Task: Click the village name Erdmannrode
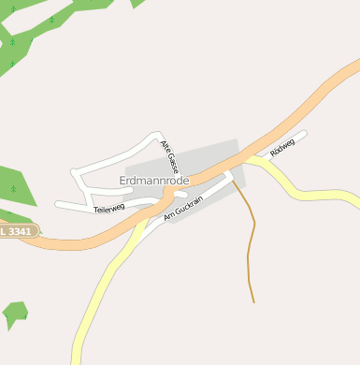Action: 155,179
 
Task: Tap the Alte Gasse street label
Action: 168,156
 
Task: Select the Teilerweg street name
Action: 110,209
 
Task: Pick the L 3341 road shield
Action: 18,230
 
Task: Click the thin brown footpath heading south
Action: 251,234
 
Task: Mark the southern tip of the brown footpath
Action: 253,302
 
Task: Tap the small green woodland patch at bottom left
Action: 15,313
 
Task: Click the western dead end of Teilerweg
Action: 58,203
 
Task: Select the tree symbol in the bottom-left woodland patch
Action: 8,318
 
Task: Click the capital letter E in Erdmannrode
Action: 123,179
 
